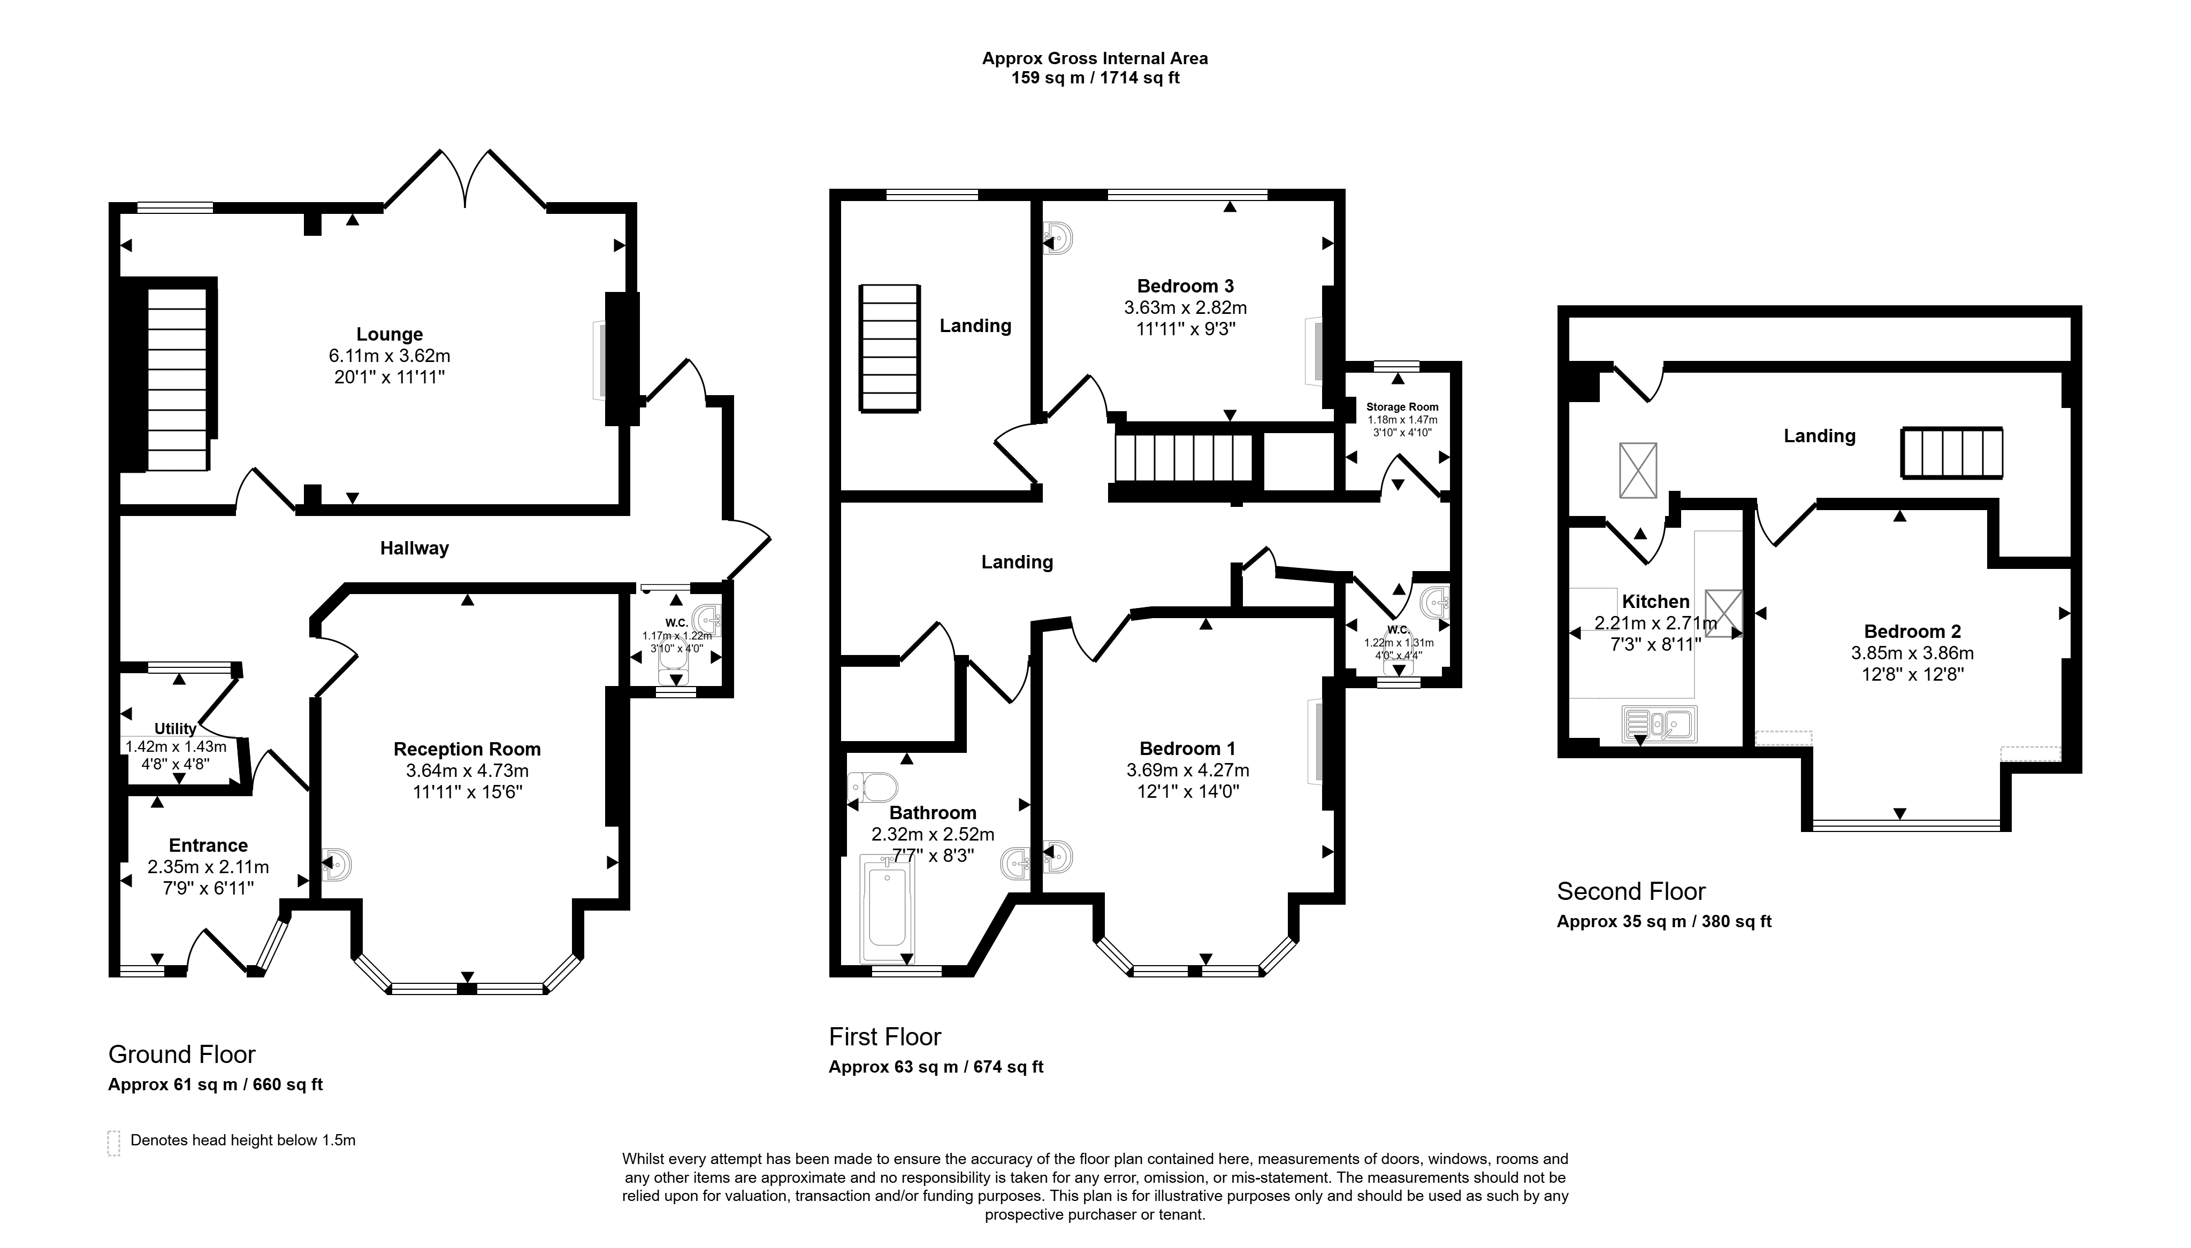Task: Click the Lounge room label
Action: tap(390, 334)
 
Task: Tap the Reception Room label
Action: tap(467, 749)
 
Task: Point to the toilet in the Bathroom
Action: tap(872, 786)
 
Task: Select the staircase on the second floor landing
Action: tap(1952, 452)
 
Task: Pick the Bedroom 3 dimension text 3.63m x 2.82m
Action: tap(1185, 307)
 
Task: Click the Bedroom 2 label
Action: tap(1912, 631)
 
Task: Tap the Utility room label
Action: tap(175, 729)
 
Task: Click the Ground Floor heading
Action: tap(182, 1054)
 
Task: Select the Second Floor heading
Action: tap(1631, 891)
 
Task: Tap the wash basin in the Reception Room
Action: tap(337, 865)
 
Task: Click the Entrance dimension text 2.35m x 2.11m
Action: tap(208, 867)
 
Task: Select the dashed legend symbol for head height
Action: tap(114, 1143)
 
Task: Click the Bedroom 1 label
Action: tap(1188, 749)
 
